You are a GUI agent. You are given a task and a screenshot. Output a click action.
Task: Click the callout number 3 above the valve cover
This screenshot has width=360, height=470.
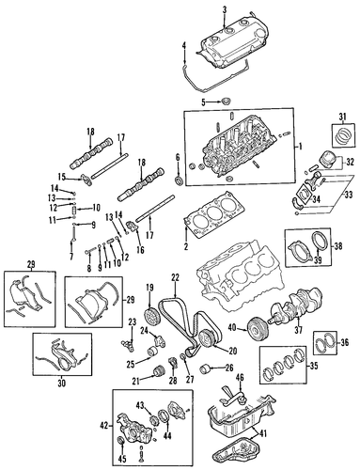tap(225, 10)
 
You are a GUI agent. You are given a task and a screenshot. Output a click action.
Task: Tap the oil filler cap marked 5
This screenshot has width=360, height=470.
tap(226, 102)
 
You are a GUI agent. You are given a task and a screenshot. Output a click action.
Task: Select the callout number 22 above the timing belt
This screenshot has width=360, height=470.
tap(175, 277)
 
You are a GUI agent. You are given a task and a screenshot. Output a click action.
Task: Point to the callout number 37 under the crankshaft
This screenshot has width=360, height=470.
tap(298, 330)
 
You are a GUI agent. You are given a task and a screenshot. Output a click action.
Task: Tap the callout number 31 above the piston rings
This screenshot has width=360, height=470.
tap(343, 117)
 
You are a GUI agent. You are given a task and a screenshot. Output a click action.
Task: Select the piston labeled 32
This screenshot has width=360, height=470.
tap(327, 159)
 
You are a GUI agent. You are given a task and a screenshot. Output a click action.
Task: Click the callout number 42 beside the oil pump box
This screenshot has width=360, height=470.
tap(103, 426)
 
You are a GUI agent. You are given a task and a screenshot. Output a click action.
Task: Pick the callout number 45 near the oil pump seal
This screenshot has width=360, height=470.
tap(122, 460)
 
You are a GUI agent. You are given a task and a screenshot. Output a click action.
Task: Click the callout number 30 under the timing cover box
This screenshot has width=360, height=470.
tap(62, 383)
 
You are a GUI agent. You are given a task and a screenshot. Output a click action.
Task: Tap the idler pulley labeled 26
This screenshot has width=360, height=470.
tap(205, 368)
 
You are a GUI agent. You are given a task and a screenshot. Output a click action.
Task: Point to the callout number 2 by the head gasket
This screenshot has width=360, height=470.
tap(186, 246)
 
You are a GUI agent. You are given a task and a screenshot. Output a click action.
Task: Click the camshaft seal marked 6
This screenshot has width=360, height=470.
tap(180, 180)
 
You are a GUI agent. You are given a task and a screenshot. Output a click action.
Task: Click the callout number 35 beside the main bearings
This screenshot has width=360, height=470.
tap(314, 366)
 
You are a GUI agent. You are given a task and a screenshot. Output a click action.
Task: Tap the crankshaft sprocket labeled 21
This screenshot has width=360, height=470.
tap(159, 371)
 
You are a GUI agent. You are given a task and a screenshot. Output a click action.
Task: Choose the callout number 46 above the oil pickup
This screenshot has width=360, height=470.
tap(240, 377)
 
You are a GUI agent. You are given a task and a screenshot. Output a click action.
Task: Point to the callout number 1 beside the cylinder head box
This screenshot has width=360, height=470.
tap(300, 147)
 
